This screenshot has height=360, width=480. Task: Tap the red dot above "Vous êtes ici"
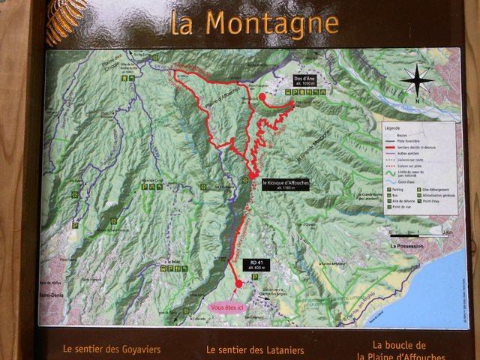tap(238, 283)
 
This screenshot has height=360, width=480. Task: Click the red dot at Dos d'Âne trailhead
tap(262, 97)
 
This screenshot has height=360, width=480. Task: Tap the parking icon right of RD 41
tap(255, 277)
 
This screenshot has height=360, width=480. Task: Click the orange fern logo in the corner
tap(66, 19)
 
